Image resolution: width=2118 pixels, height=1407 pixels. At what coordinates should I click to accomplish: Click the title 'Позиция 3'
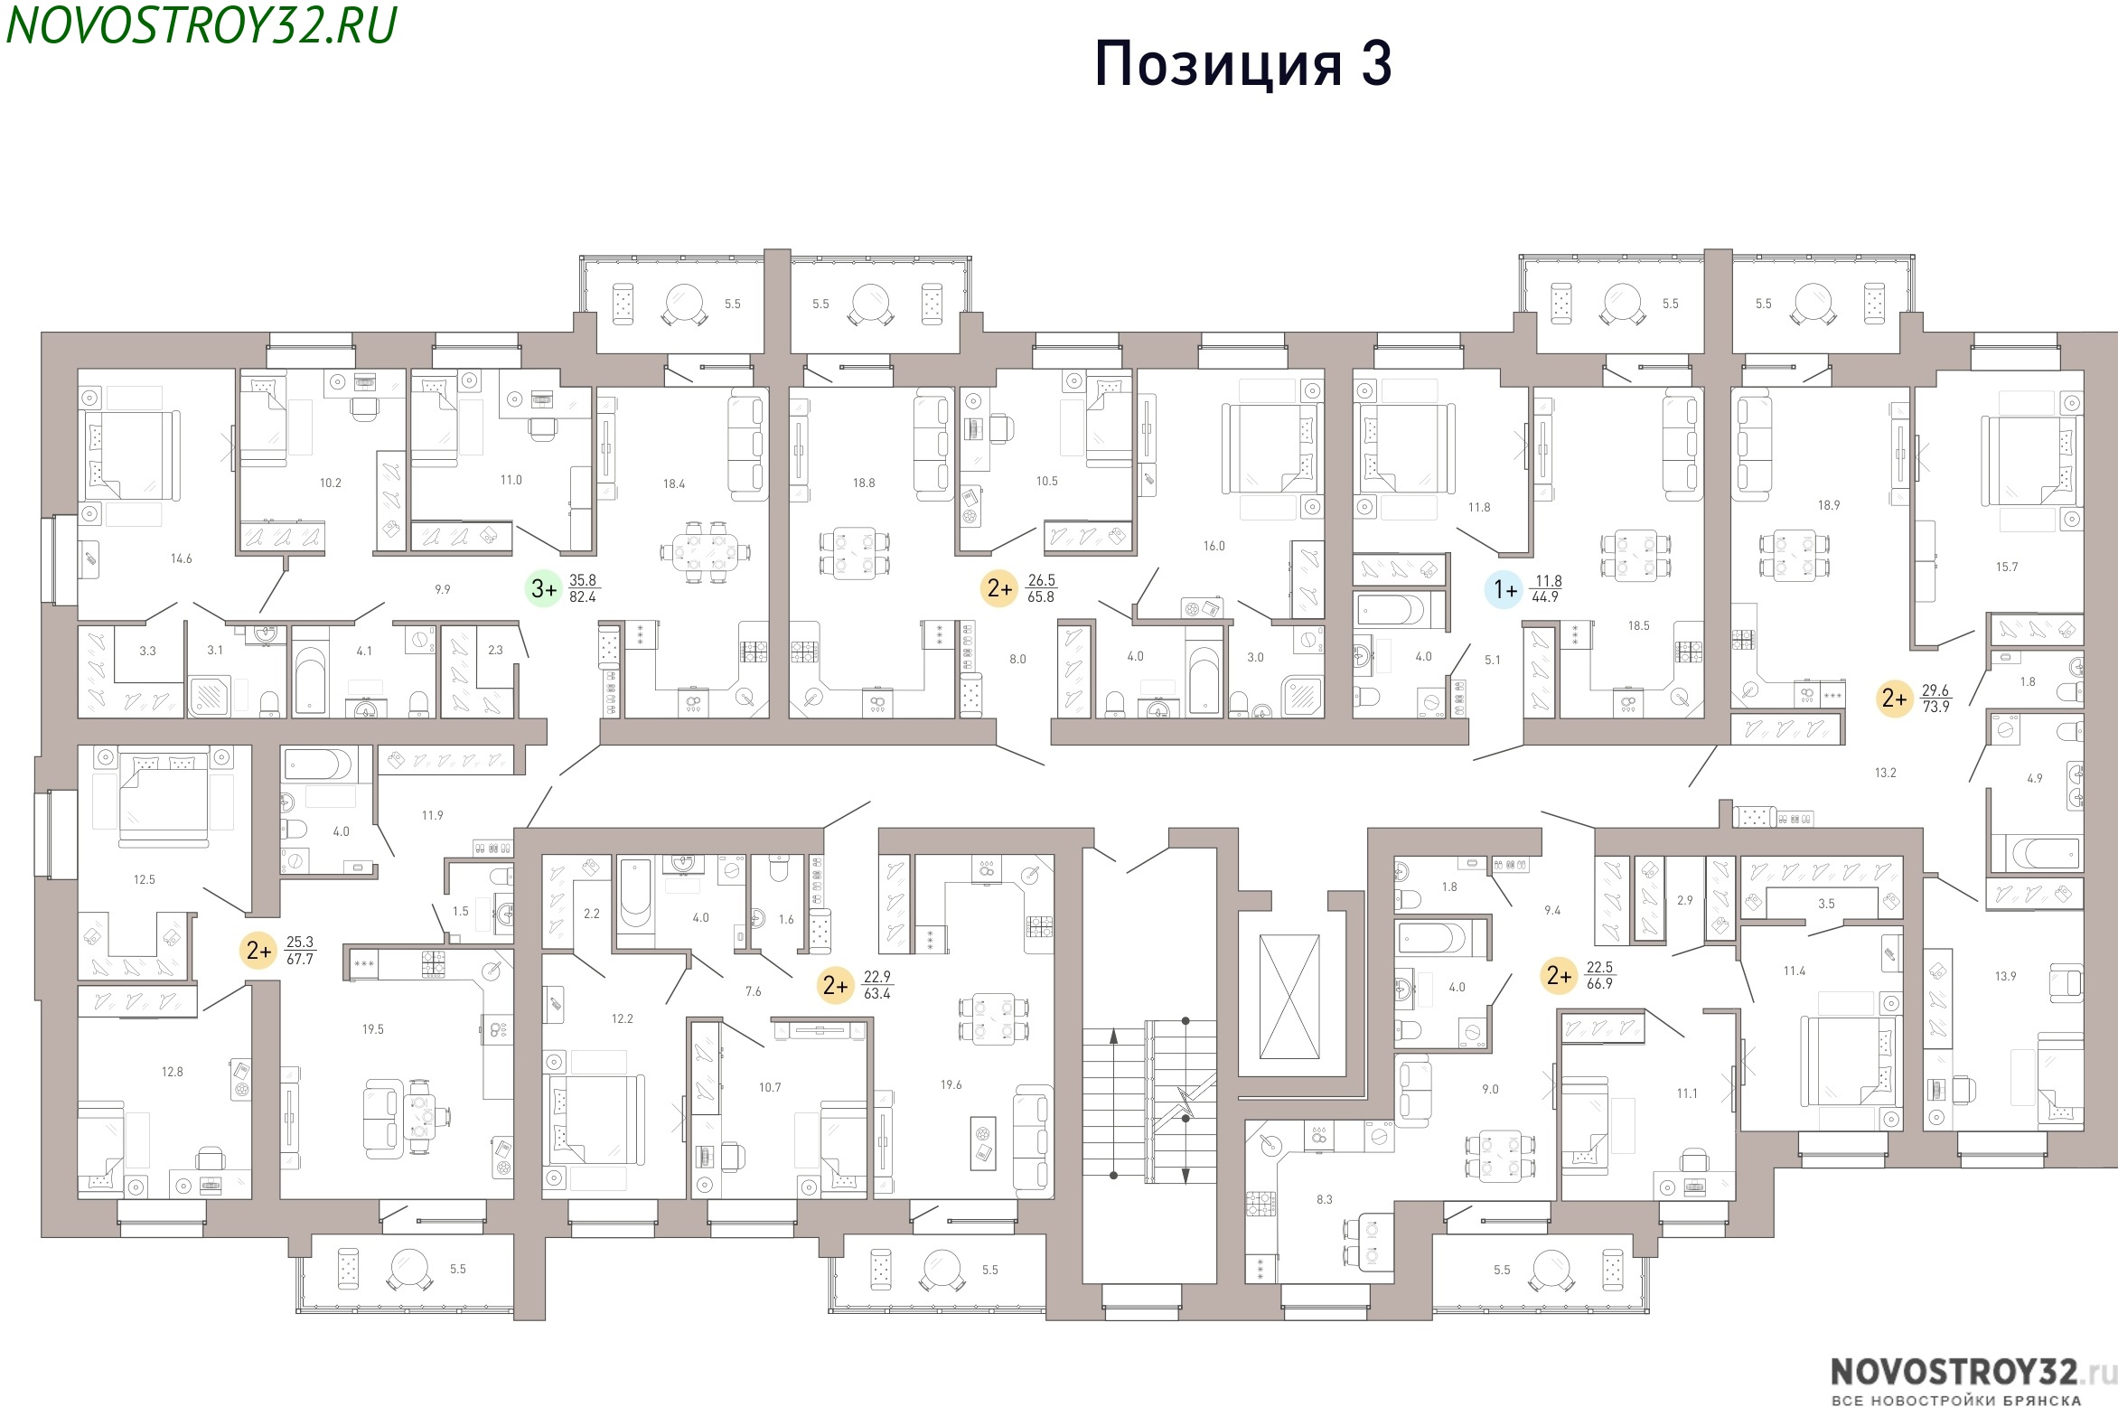pos(1242,64)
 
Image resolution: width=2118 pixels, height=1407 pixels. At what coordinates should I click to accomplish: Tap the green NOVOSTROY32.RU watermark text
pos(201,25)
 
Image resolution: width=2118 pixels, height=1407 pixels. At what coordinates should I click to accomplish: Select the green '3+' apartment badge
pos(544,589)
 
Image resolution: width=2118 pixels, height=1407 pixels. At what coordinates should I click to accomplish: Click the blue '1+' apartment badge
pos(1504,590)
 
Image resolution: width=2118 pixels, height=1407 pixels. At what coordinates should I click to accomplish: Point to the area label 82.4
pos(583,597)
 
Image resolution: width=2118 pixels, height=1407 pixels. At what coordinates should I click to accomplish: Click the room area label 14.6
pos(181,558)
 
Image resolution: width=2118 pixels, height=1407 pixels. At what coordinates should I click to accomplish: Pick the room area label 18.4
pos(674,483)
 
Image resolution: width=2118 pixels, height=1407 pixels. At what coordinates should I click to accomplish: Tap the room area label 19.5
pos(373,1028)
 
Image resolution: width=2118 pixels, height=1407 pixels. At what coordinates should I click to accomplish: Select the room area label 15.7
pos(2007,567)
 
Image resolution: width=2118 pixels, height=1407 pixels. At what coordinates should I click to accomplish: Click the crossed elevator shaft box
pos(1289,997)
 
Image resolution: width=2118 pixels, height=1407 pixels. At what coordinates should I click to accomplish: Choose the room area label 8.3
pos(1324,1199)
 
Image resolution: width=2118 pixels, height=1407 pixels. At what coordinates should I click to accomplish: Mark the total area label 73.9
pos(1935,707)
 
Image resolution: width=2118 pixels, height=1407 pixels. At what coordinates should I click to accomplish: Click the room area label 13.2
pos(1885,773)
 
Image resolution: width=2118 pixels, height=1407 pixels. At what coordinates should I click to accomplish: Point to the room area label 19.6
pos(951,1084)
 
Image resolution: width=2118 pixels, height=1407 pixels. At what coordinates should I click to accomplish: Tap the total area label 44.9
pos(1545,597)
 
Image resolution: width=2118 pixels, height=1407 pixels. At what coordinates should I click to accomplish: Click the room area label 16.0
pos(1214,546)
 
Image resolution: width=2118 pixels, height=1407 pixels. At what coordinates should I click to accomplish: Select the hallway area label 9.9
pos(442,589)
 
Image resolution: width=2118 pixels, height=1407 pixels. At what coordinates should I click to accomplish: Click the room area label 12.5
pos(144,879)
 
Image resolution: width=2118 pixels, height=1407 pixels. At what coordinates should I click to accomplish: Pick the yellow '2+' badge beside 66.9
pos(1559,975)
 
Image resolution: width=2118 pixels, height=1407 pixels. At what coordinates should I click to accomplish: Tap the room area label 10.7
pos(770,1087)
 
